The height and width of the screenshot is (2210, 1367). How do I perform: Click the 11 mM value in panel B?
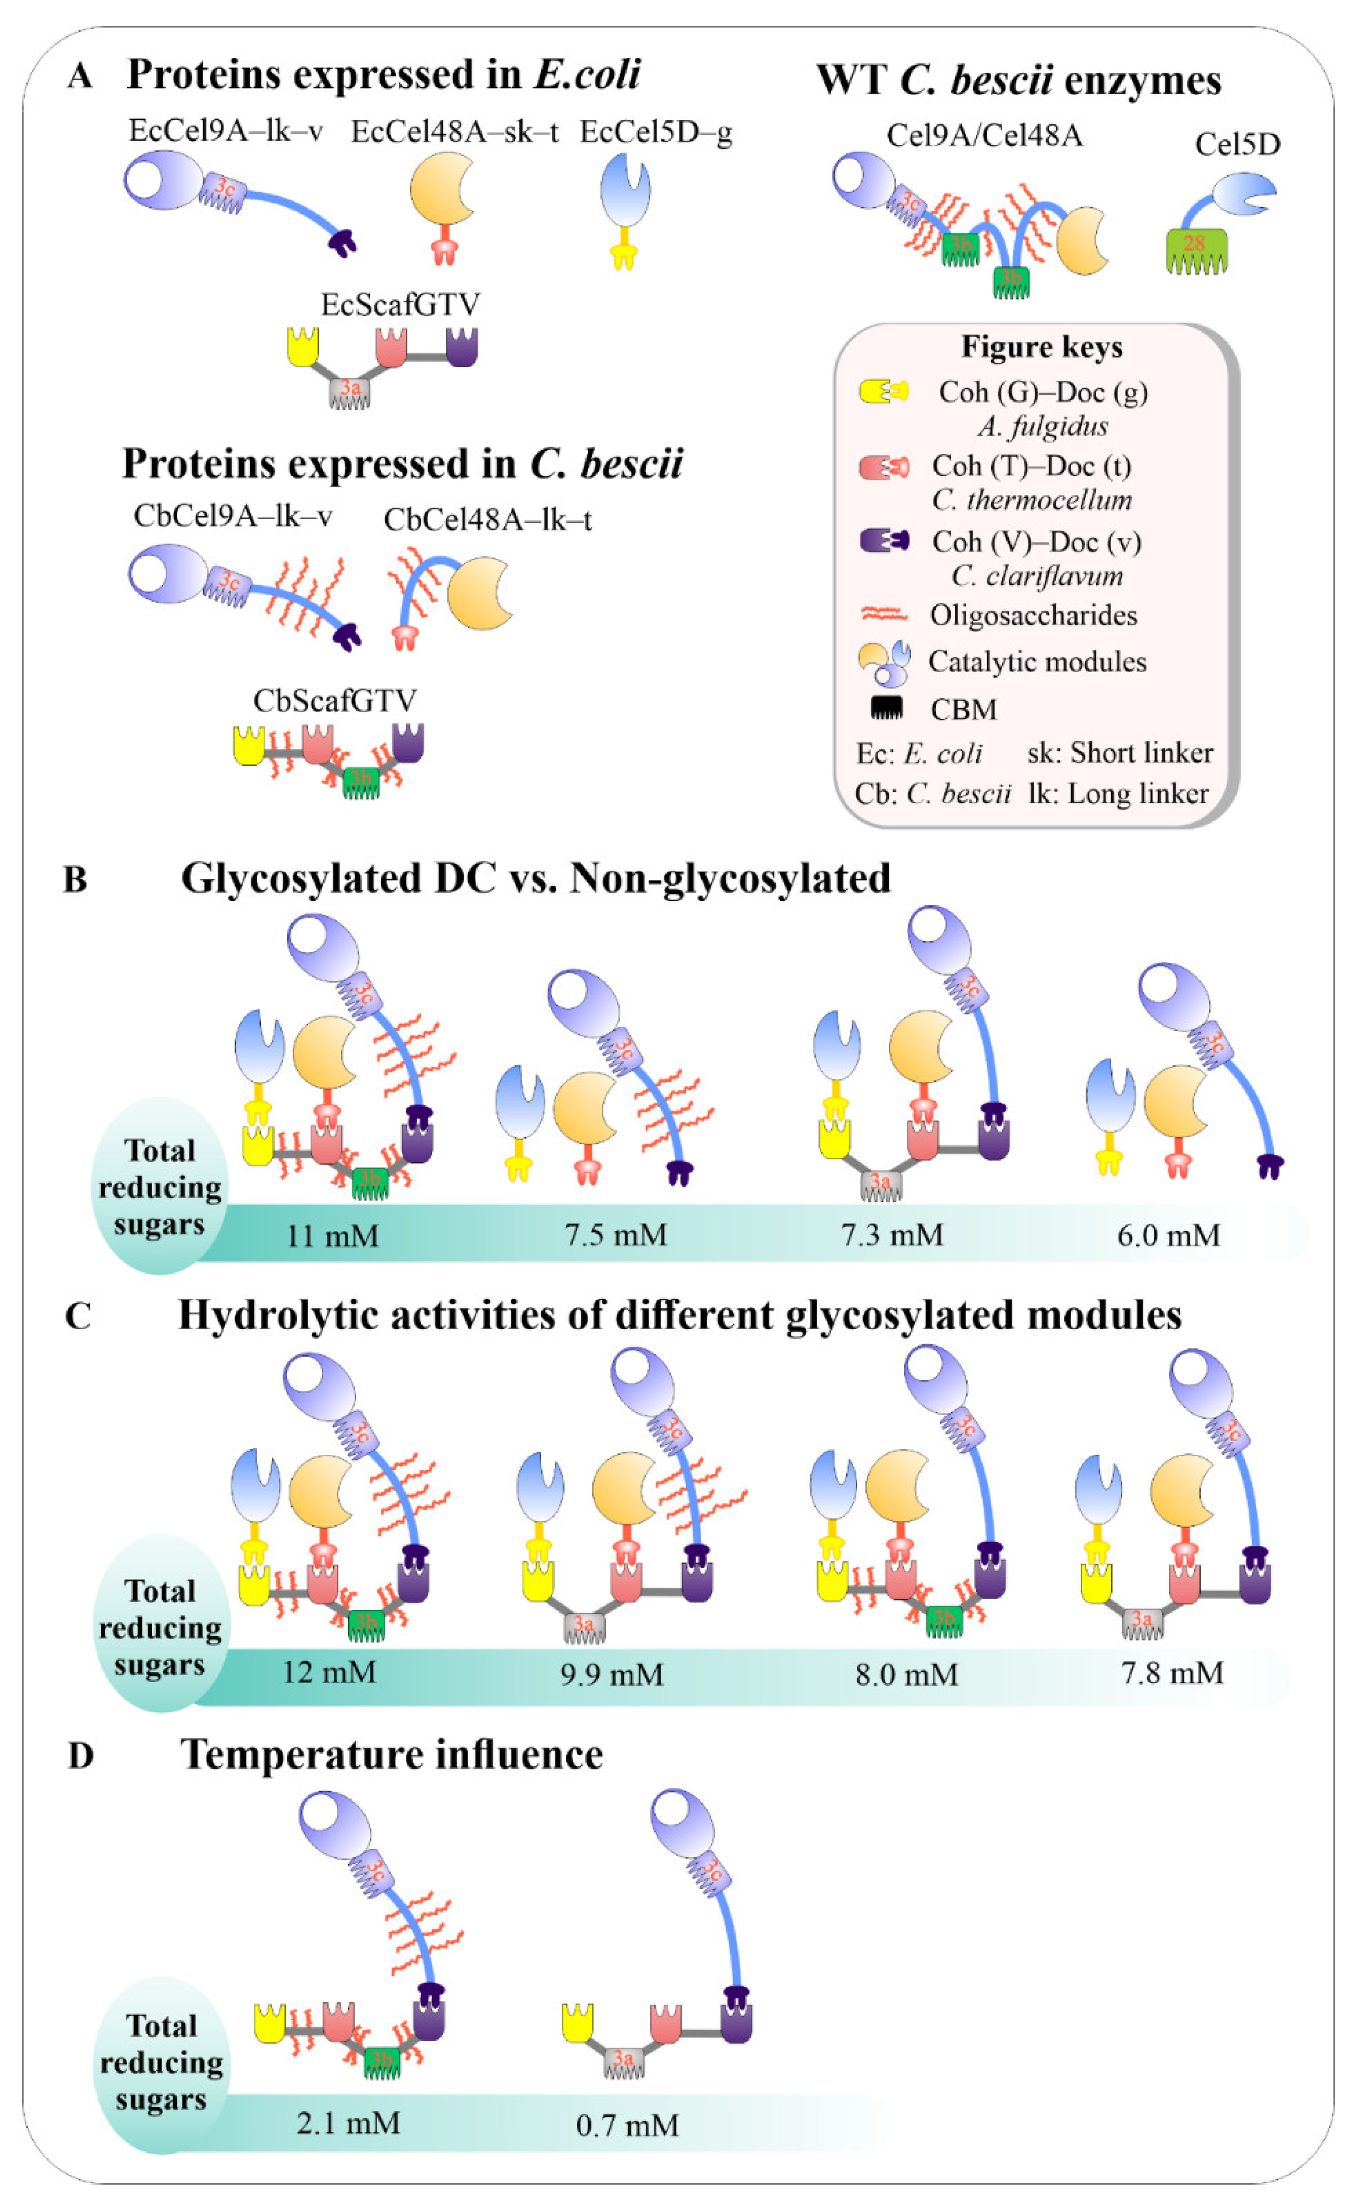pos(332,1235)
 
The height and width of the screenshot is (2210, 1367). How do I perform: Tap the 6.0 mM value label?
pos(1168,1235)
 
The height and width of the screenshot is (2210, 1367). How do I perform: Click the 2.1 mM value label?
pos(348,2122)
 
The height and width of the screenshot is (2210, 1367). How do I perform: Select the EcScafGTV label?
pos(400,304)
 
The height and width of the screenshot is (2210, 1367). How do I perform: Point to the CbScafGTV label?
pos(334,701)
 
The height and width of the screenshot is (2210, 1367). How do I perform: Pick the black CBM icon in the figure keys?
pos(886,708)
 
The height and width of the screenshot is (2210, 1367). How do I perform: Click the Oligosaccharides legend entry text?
pos(1034,615)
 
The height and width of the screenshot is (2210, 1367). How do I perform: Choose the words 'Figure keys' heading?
pos(1042,347)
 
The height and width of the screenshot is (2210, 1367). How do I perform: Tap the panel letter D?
pos(81,1755)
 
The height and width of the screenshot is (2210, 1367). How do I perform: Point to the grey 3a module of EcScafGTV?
pos(350,392)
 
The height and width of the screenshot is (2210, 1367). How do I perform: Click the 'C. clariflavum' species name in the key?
pos(1037,576)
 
